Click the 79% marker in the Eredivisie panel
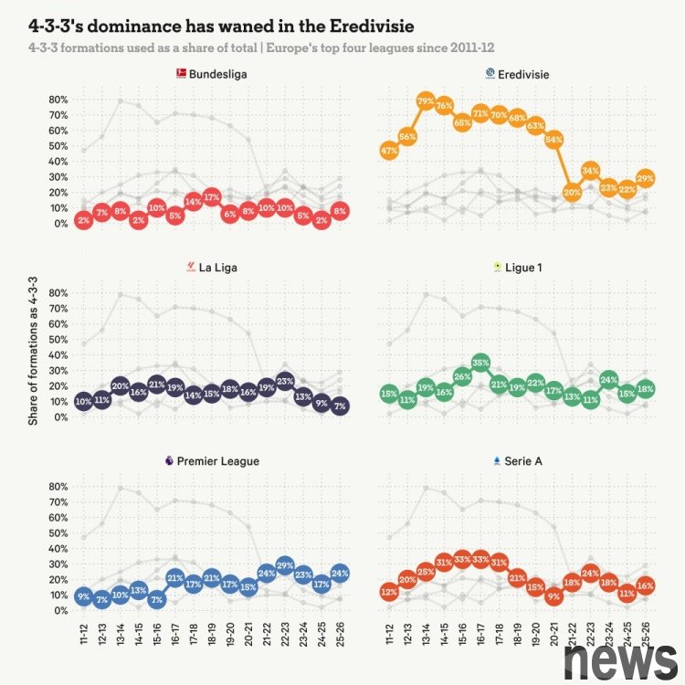point(426,100)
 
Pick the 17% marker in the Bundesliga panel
point(212,197)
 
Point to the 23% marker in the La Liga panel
point(285,382)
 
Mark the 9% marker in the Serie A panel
point(553,597)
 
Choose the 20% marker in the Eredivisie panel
point(572,193)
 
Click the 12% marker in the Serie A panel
point(389,593)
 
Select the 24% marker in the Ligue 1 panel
point(609,380)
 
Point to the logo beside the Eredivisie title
point(490,72)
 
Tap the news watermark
point(621,657)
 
